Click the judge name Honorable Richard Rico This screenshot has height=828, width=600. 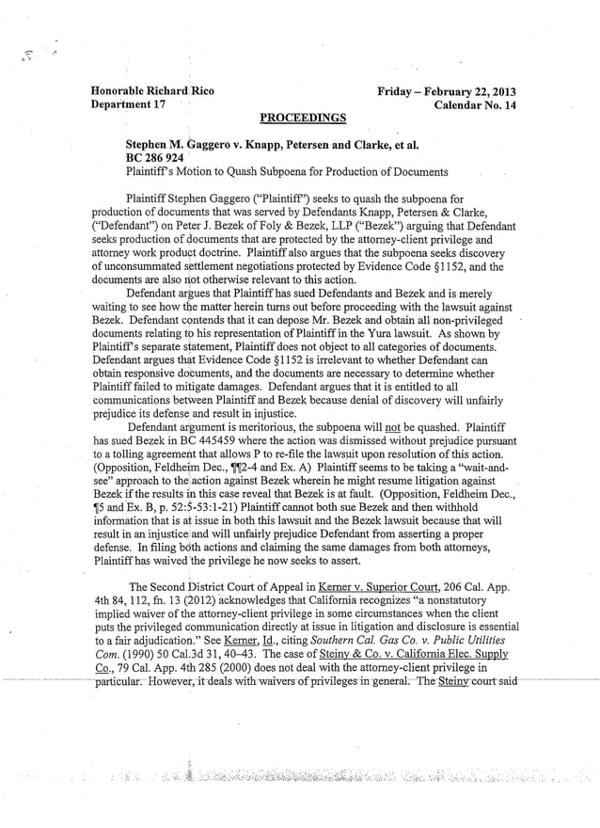point(152,91)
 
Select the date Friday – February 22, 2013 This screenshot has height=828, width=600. point(447,92)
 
